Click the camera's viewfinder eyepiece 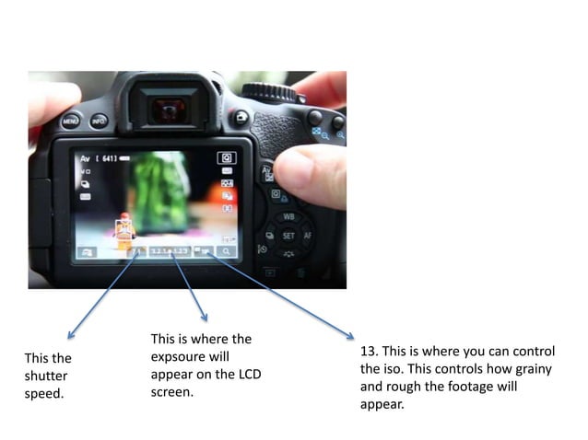click(x=168, y=109)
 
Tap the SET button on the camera click(x=288, y=236)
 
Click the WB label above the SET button click(x=288, y=216)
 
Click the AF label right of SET click(x=308, y=236)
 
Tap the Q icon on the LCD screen click(x=227, y=158)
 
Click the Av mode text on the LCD click(x=85, y=158)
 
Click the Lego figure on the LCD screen click(x=124, y=233)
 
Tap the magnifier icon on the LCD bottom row click(x=227, y=250)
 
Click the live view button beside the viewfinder click(x=241, y=117)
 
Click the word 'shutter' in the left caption click(x=46, y=376)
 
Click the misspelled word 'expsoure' click(x=182, y=356)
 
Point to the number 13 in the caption click(x=368, y=352)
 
